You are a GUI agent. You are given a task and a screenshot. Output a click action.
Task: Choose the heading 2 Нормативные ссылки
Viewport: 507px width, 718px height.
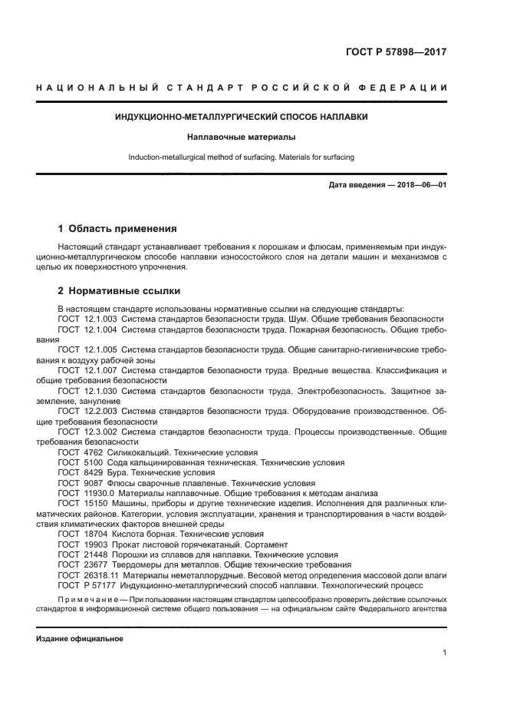tap(119, 292)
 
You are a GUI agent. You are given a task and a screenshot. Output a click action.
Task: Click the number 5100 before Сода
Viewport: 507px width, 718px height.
tap(93, 463)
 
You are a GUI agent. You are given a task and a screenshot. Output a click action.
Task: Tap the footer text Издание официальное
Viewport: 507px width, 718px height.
tap(79, 638)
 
